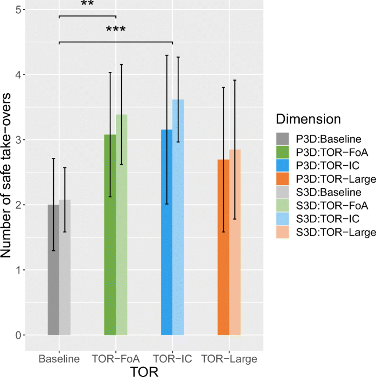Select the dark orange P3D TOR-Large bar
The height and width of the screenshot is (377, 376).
[x=223, y=247]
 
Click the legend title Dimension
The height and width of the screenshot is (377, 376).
[x=308, y=119]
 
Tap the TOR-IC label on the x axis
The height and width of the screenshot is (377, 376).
[x=172, y=359]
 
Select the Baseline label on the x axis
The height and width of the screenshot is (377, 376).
[x=59, y=359]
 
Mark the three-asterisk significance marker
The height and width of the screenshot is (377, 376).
[x=116, y=30]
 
